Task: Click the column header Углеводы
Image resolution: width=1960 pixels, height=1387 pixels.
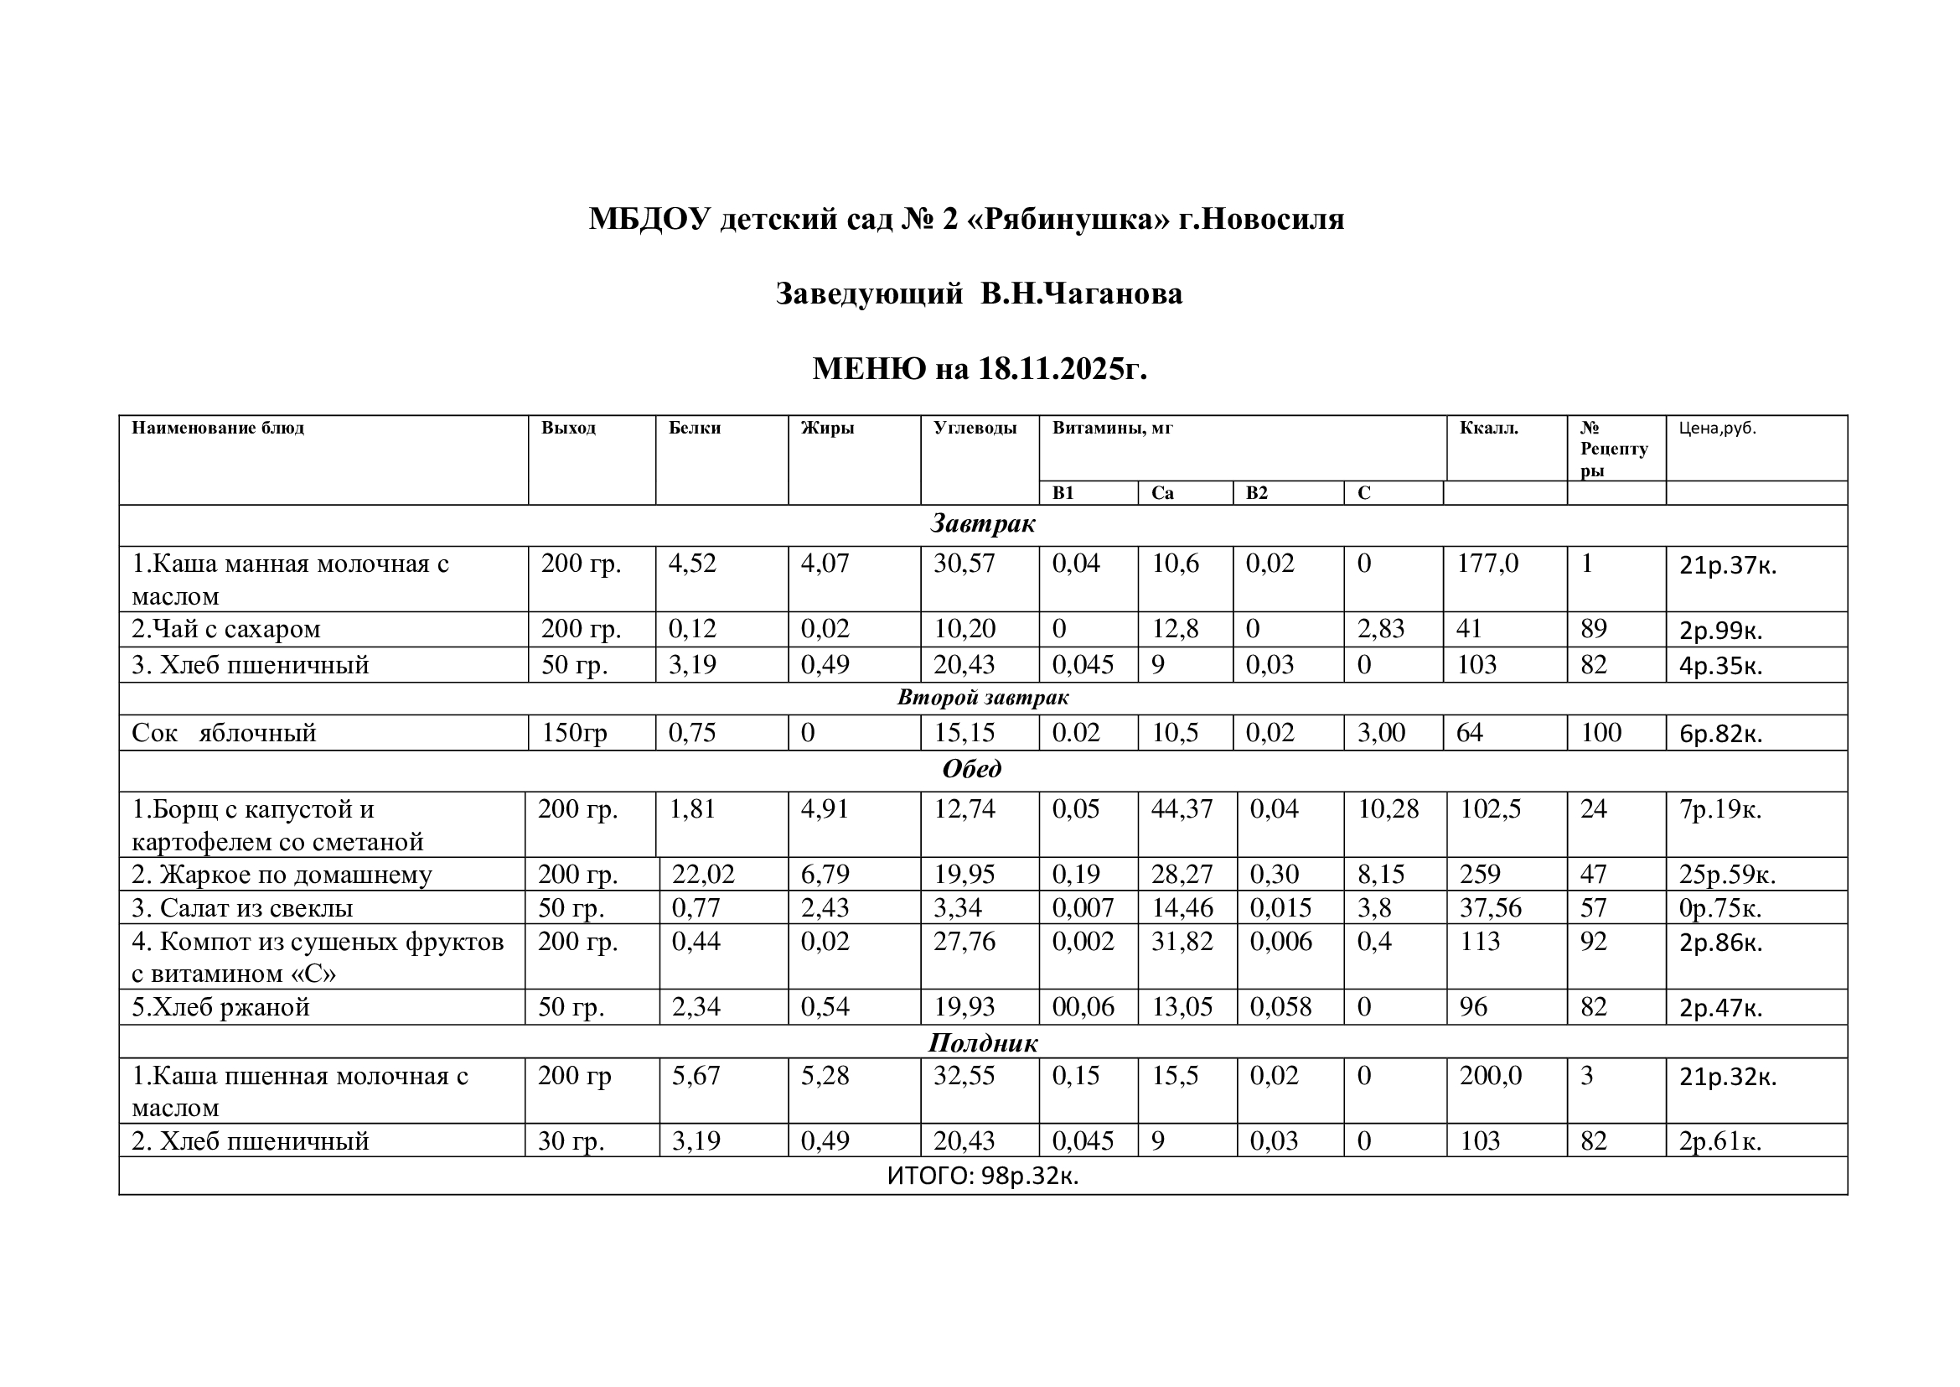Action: tap(974, 428)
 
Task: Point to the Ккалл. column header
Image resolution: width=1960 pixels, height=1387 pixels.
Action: tap(1489, 428)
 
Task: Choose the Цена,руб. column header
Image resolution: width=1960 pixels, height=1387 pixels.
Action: tap(1717, 428)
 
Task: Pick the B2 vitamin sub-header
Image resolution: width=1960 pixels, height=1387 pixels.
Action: tap(1257, 493)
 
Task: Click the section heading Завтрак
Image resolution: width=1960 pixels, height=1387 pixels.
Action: tap(983, 523)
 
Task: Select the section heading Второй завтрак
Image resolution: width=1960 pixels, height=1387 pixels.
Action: tap(983, 698)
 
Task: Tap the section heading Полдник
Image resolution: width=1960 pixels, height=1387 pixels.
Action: tap(983, 1043)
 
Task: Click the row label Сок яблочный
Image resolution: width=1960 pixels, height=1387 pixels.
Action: tap(224, 733)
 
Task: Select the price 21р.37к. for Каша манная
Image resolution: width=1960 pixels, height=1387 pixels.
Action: tap(1727, 565)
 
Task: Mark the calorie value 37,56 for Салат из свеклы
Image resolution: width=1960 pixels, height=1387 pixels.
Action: tap(1490, 908)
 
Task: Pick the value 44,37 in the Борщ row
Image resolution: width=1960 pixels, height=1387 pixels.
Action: tap(1181, 808)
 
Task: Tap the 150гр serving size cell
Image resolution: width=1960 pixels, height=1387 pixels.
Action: tap(574, 733)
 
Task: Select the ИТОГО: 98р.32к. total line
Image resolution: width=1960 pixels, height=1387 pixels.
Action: tap(983, 1176)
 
